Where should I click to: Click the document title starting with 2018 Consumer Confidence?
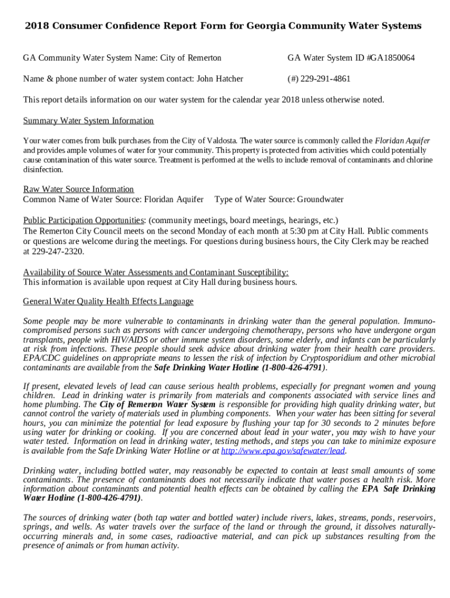pyautogui.click(x=223, y=26)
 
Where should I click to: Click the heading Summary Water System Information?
pyautogui.click(x=88, y=121)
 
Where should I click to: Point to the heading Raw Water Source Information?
pyautogui.click(x=78, y=189)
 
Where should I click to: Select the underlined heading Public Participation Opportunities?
pyautogui.click(x=84, y=221)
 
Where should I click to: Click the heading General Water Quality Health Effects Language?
pyautogui.click(x=108, y=302)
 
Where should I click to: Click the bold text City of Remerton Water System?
pyautogui.click(x=157, y=405)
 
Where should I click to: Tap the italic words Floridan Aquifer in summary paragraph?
pyautogui.click(x=402, y=141)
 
